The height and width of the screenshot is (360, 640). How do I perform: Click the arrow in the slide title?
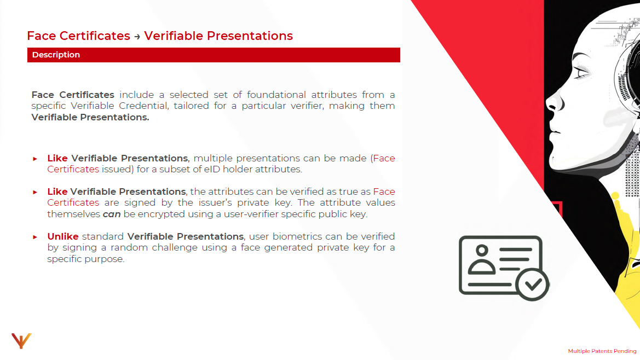(x=137, y=37)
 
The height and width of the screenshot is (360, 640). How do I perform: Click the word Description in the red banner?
(x=56, y=55)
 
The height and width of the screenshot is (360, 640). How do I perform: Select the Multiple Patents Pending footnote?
(x=602, y=351)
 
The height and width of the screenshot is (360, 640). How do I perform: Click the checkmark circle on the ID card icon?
(x=532, y=284)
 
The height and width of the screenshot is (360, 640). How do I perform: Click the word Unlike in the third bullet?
(x=62, y=236)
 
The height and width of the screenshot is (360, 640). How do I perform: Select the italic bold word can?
(x=112, y=214)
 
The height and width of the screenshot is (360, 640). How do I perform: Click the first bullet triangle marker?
(x=35, y=159)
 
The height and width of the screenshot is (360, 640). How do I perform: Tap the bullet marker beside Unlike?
(x=35, y=237)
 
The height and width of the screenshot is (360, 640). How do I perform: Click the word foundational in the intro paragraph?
(x=276, y=95)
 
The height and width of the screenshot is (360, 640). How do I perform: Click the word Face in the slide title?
(x=42, y=36)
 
